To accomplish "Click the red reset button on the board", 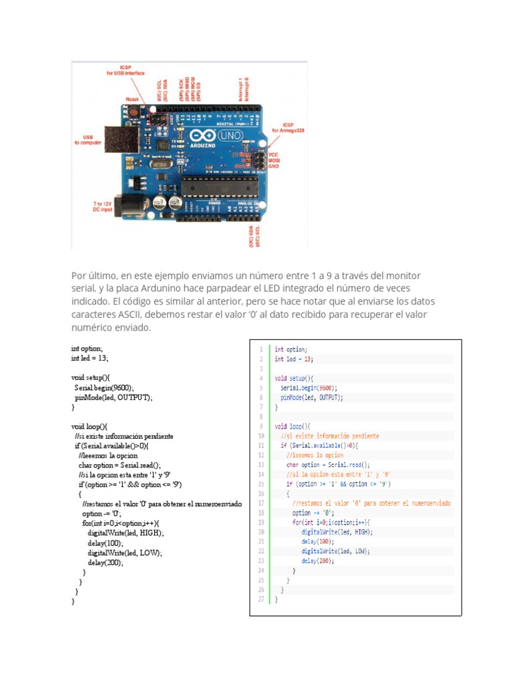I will point(133,111).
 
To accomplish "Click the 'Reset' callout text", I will point(132,99).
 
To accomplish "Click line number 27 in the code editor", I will point(260,599).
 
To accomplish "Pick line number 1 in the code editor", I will point(261,349).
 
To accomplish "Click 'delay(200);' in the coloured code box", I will point(317,560).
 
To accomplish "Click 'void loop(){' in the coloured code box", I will point(293,425).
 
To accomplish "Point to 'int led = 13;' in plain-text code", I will point(90,358).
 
